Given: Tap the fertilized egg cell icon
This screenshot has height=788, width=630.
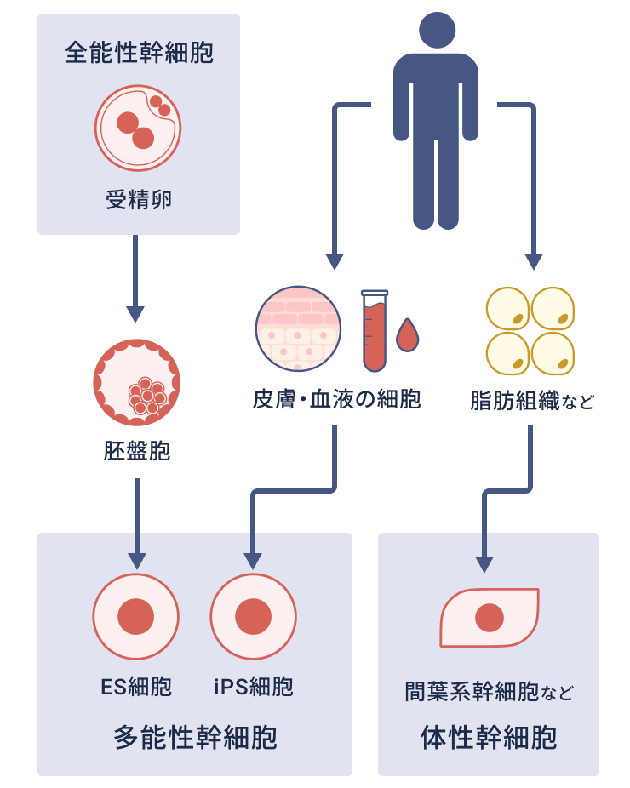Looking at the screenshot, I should click(x=138, y=128).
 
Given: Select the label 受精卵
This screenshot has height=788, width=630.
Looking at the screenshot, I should click(x=139, y=201).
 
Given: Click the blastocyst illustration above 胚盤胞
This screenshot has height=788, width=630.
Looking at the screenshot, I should click(x=137, y=382).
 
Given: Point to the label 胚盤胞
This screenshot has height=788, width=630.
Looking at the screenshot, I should click(x=137, y=451).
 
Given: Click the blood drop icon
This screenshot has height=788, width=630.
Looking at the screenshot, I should click(x=408, y=335).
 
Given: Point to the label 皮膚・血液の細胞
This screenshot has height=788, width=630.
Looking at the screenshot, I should click(x=336, y=399).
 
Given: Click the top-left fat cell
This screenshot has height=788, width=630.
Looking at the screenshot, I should click(x=507, y=309).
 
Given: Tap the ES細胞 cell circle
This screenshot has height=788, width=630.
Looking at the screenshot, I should click(x=135, y=617).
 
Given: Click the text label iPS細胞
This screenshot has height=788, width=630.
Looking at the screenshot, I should click(x=253, y=687).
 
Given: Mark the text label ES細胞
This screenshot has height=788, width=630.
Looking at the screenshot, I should click(x=135, y=687).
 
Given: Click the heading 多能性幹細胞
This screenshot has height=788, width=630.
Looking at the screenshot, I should click(x=195, y=737).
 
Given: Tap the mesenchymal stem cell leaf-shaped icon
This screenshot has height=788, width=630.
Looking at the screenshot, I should click(x=490, y=618).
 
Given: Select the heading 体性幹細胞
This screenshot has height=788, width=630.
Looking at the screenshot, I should click(x=489, y=737).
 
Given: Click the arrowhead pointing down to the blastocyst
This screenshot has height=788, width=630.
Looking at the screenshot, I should click(x=135, y=314).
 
